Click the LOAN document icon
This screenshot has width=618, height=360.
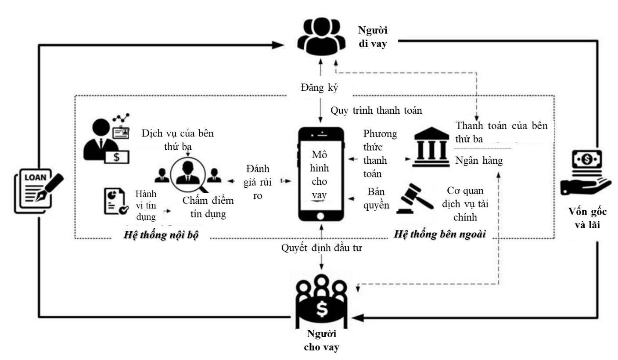click(39, 191)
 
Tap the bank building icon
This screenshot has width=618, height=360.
click(431, 147)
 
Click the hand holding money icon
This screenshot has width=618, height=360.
click(586, 173)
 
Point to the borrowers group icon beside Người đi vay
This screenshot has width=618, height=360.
click(321, 36)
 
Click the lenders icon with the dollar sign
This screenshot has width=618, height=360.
click(321, 301)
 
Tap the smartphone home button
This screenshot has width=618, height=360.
click(320, 216)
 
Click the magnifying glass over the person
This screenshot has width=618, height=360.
click(189, 175)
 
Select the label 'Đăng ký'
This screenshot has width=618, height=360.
click(319, 88)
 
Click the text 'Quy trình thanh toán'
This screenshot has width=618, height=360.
click(376, 110)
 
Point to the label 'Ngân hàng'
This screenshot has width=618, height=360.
click(479, 160)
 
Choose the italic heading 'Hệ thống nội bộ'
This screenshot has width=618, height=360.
click(161, 235)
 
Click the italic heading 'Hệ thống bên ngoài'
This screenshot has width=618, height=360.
click(439, 234)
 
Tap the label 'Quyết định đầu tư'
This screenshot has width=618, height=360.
click(321, 248)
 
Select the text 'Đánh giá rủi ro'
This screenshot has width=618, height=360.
click(257, 182)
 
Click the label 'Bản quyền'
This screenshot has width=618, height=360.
click(376, 198)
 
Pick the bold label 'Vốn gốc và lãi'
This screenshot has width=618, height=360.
click(587, 218)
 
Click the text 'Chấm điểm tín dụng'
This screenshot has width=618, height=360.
click(208, 207)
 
